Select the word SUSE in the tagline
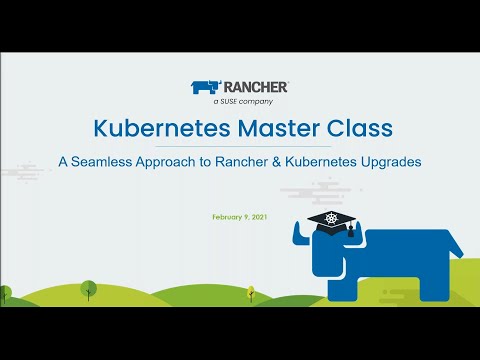(x=231, y=101)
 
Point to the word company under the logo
(x=255, y=101)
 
